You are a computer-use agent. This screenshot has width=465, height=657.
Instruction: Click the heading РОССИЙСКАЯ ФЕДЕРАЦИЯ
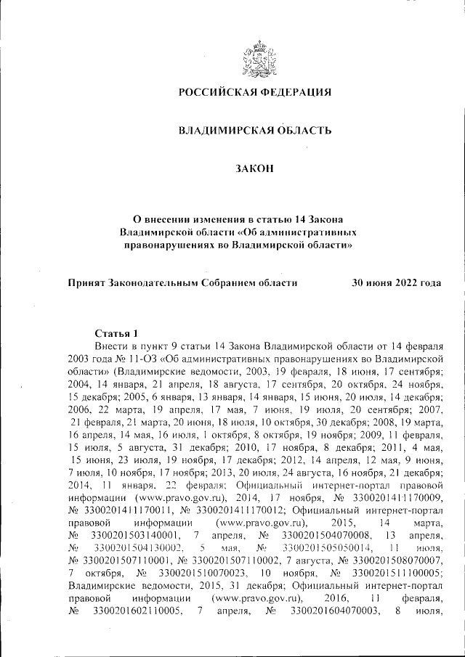click(256, 92)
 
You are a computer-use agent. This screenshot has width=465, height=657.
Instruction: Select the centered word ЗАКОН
click(255, 169)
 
